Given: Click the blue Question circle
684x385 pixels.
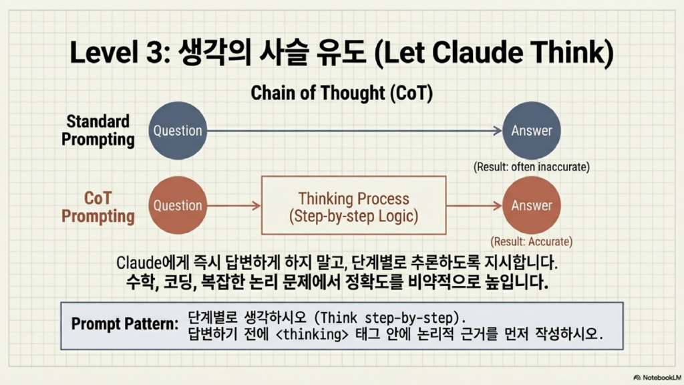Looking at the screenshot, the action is click(178, 130).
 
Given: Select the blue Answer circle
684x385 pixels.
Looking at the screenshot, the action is click(531, 130).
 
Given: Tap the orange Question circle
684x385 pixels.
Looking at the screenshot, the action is click(178, 205).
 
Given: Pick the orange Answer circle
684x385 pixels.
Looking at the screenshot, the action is click(531, 205).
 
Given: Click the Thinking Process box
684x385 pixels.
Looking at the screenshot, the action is click(354, 205).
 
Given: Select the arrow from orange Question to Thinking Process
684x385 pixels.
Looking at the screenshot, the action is click(234, 206).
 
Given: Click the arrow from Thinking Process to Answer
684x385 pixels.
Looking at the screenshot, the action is click(474, 206).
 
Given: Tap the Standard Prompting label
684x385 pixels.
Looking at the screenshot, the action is click(98, 130).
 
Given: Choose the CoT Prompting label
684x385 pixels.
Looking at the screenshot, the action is click(98, 207).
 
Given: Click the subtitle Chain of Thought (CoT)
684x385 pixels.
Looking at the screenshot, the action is click(341, 93).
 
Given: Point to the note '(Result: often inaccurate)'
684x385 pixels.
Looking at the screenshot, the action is click(531, 166).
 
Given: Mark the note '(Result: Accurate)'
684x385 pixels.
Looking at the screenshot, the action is click(531, 241).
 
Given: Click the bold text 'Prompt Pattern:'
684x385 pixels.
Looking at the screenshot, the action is click(125, 324).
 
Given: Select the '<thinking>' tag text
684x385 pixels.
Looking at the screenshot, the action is click(313, 334).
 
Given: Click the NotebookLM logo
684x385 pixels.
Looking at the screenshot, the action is click(657, 378).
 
